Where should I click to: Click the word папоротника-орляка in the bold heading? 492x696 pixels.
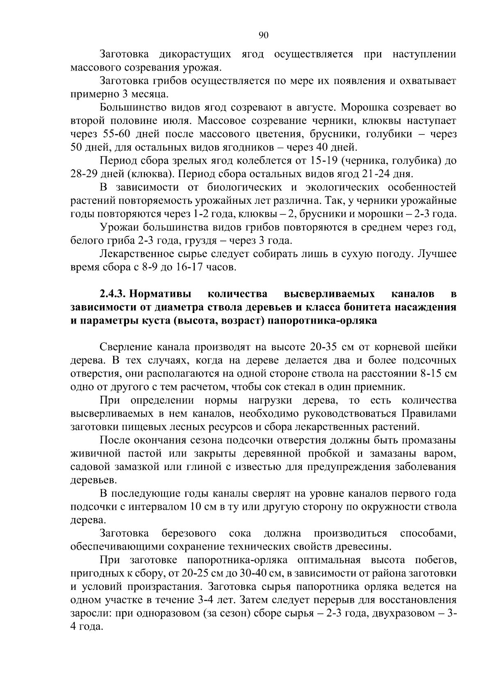(x=322, y=320)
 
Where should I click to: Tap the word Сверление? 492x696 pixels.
(x=127, y=347)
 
